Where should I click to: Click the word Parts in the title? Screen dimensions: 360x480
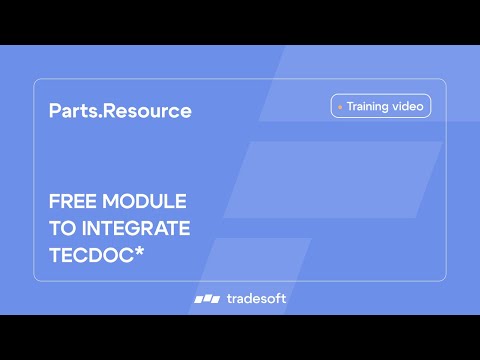71,111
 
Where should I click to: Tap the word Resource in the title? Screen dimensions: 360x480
144,111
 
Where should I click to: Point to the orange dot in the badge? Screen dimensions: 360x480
340,106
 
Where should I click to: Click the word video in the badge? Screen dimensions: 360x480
410,105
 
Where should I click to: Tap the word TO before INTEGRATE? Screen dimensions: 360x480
62,228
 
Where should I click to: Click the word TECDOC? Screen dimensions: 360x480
90,255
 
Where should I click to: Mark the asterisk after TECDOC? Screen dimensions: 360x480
139,252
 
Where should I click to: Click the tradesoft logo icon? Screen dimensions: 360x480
206,298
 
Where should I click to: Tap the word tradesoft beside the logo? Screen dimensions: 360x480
256,298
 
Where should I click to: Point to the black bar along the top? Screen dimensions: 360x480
240,22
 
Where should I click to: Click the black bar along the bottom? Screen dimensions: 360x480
240,337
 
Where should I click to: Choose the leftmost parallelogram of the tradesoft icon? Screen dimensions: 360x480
198,298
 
